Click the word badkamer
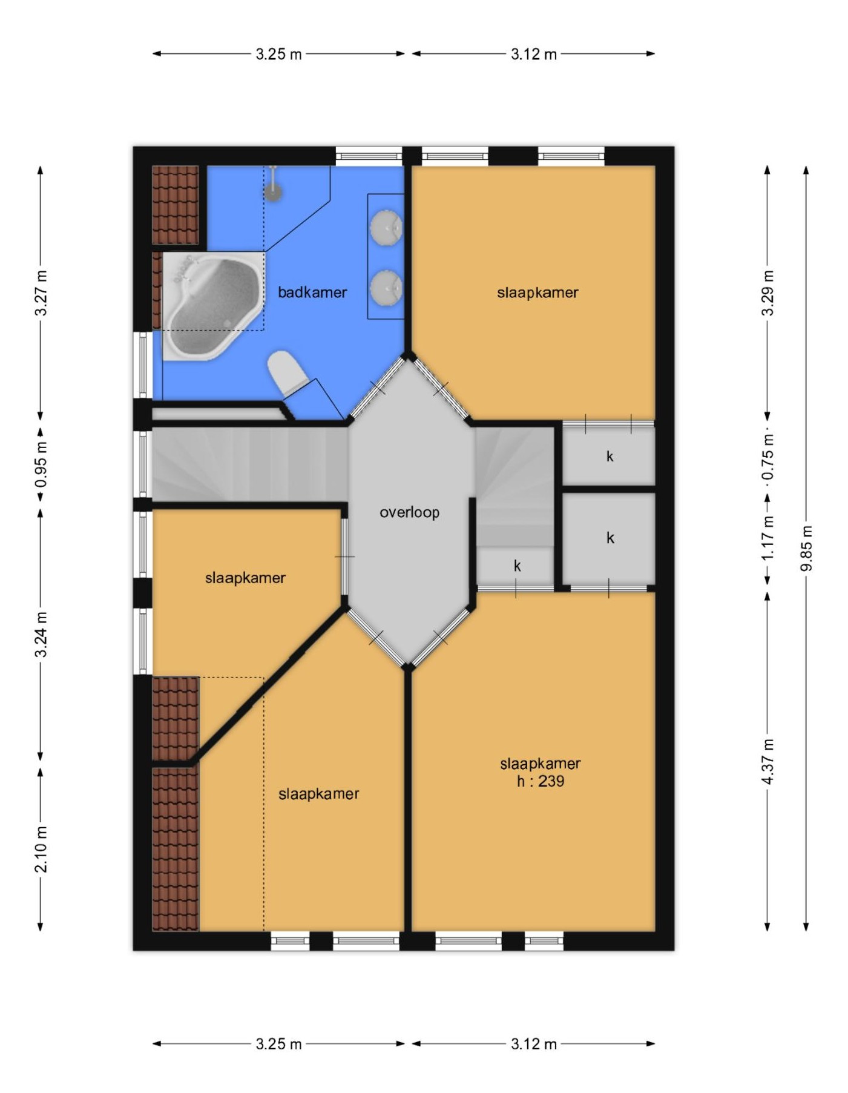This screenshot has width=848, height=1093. click(312, 292)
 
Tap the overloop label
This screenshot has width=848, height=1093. click(409, 512)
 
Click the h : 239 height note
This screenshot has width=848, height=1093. click(540, 781)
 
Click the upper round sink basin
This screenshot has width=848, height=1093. click(386, 227)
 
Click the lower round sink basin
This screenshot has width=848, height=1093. click(386, 287)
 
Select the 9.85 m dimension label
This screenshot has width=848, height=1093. click(806, 549)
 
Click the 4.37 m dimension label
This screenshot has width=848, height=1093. click(767, 762)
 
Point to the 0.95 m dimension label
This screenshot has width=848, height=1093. click(41, 465)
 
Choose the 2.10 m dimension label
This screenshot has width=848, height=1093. click(41, 850)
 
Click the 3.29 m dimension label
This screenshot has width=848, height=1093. click(767, 293)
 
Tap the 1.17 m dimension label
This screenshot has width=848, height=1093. click(767, 537)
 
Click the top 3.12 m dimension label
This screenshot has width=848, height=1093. click(533, 54)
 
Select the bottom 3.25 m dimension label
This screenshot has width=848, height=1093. click(278, 1044)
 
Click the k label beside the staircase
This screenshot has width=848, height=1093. click(517, 566)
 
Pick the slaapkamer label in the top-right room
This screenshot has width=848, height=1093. click(537, 292)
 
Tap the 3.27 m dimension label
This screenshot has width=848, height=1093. click(41, 293)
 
